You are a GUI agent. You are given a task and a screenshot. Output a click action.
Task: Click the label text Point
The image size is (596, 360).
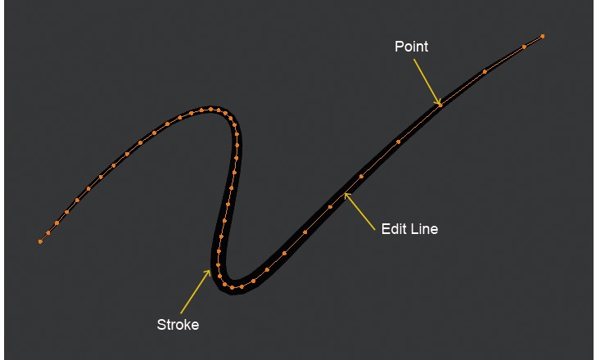point(411,47)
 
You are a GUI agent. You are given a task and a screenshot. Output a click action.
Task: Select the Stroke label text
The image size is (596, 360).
point(178,325)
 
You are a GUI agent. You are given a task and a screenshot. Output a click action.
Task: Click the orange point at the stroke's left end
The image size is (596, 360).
point(40,241)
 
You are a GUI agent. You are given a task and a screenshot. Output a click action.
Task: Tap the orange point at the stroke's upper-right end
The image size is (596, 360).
point(543,36)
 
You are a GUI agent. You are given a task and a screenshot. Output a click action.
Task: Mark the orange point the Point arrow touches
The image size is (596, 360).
point(440,104)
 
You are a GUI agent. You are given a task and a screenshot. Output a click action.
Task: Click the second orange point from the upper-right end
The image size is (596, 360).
point(524,47)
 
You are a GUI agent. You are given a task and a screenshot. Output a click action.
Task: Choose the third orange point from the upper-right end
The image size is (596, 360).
point(485,72)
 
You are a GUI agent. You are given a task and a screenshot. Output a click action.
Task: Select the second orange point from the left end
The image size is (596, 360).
point(48,233)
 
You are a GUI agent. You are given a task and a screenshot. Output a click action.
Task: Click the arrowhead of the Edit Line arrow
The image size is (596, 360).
point(346,195)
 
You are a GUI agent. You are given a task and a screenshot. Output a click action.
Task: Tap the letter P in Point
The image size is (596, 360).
point(399,47)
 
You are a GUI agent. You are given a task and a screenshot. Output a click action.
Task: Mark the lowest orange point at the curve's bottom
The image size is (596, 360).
point(233,288)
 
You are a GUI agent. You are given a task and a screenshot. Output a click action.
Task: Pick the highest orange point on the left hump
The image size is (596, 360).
point(211,108)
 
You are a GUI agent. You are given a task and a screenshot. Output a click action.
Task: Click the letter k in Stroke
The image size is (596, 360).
point(185,325)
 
